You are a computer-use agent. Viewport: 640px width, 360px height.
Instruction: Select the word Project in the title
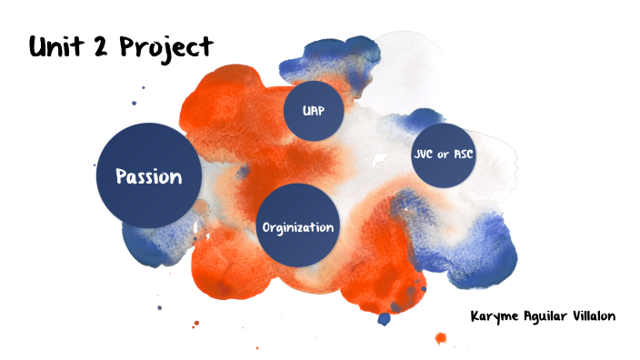(x=171, y=47)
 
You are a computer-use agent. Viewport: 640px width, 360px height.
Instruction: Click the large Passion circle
(x=148, y=175)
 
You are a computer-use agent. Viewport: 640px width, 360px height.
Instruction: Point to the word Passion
(x=148, y=175)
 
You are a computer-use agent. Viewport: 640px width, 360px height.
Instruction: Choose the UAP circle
(x=315, y=111)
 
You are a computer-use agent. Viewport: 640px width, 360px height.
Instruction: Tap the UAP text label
(x=315, y=111)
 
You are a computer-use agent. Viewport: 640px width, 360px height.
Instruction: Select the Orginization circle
(x=297, y=226)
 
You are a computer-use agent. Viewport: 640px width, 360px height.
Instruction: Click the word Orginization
(x=297, y=226)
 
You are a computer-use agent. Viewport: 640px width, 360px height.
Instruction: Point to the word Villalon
(x=592, y=316)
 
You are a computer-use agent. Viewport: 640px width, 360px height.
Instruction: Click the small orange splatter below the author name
(x=441, y=339)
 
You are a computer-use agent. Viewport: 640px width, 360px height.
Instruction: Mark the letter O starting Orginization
(x=265, y=226)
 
